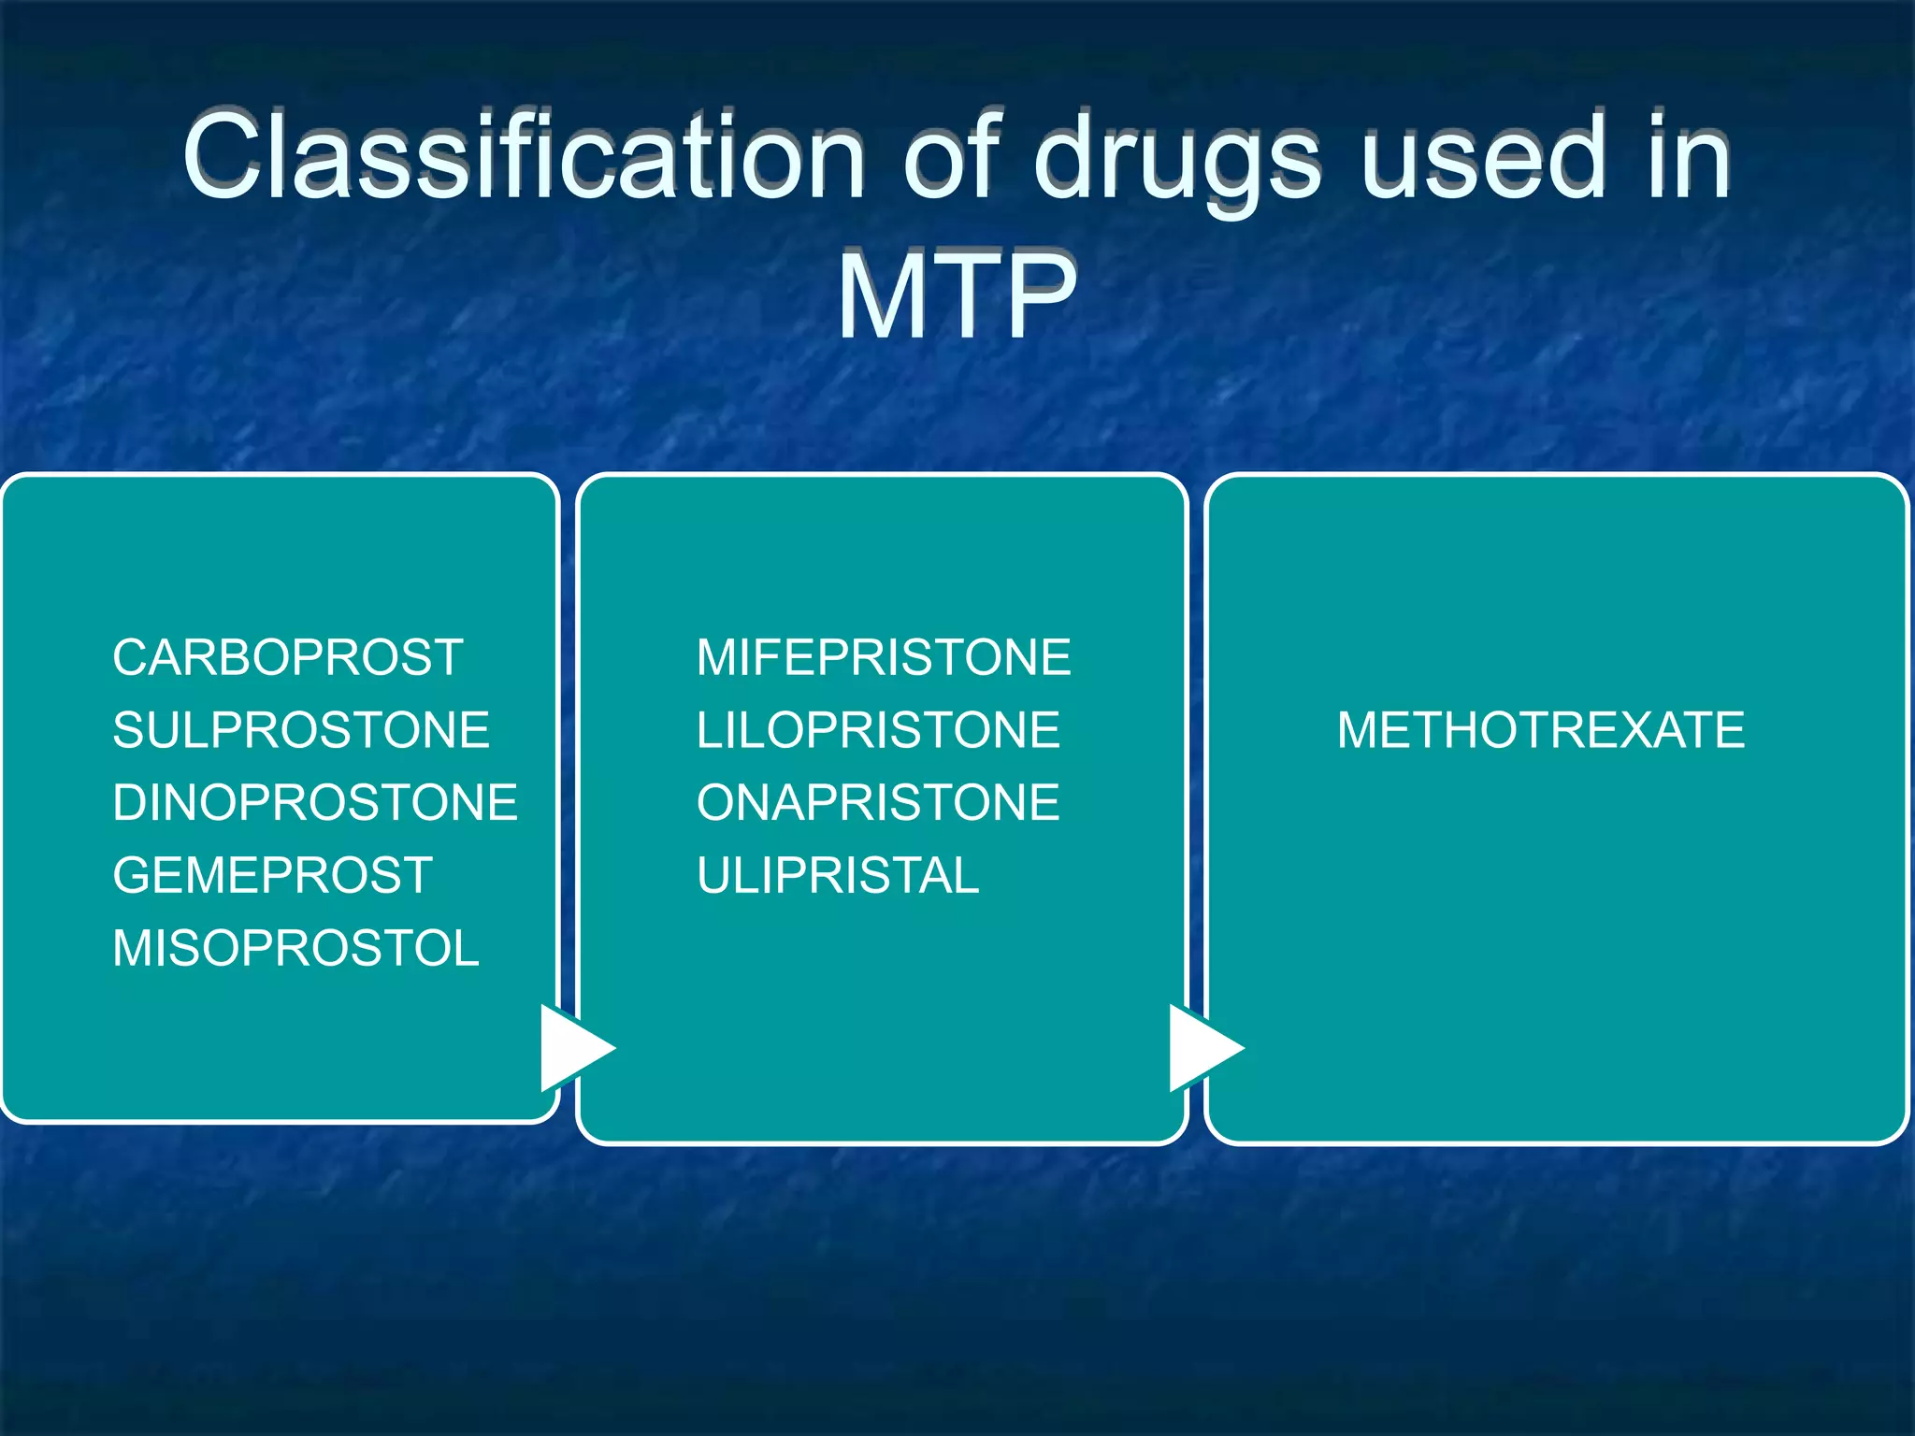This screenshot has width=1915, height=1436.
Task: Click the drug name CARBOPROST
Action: click(x=287, y=657)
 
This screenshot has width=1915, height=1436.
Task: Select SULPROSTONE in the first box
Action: click(x=300, y=730)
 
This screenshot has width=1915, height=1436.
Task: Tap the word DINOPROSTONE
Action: click(x=314, y=803)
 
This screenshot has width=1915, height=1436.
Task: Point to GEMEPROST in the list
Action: click(x=272, y=876)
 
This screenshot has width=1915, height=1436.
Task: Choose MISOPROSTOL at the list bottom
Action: click(x=295, y=949)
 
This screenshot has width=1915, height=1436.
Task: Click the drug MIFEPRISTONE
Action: click(x=883, y=657)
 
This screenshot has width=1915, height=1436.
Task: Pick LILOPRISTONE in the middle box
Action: click(x=877, y=730)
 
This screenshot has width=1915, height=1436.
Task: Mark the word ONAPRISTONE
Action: click(x=877, y=803)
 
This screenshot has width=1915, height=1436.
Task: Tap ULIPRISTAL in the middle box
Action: click(x=837, y=876)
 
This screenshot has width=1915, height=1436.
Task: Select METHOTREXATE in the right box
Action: click(x=1540, y=730)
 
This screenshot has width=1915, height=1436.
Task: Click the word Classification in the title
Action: click(x=524, y=157)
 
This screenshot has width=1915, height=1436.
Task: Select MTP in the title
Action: click(x=956, y=296)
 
